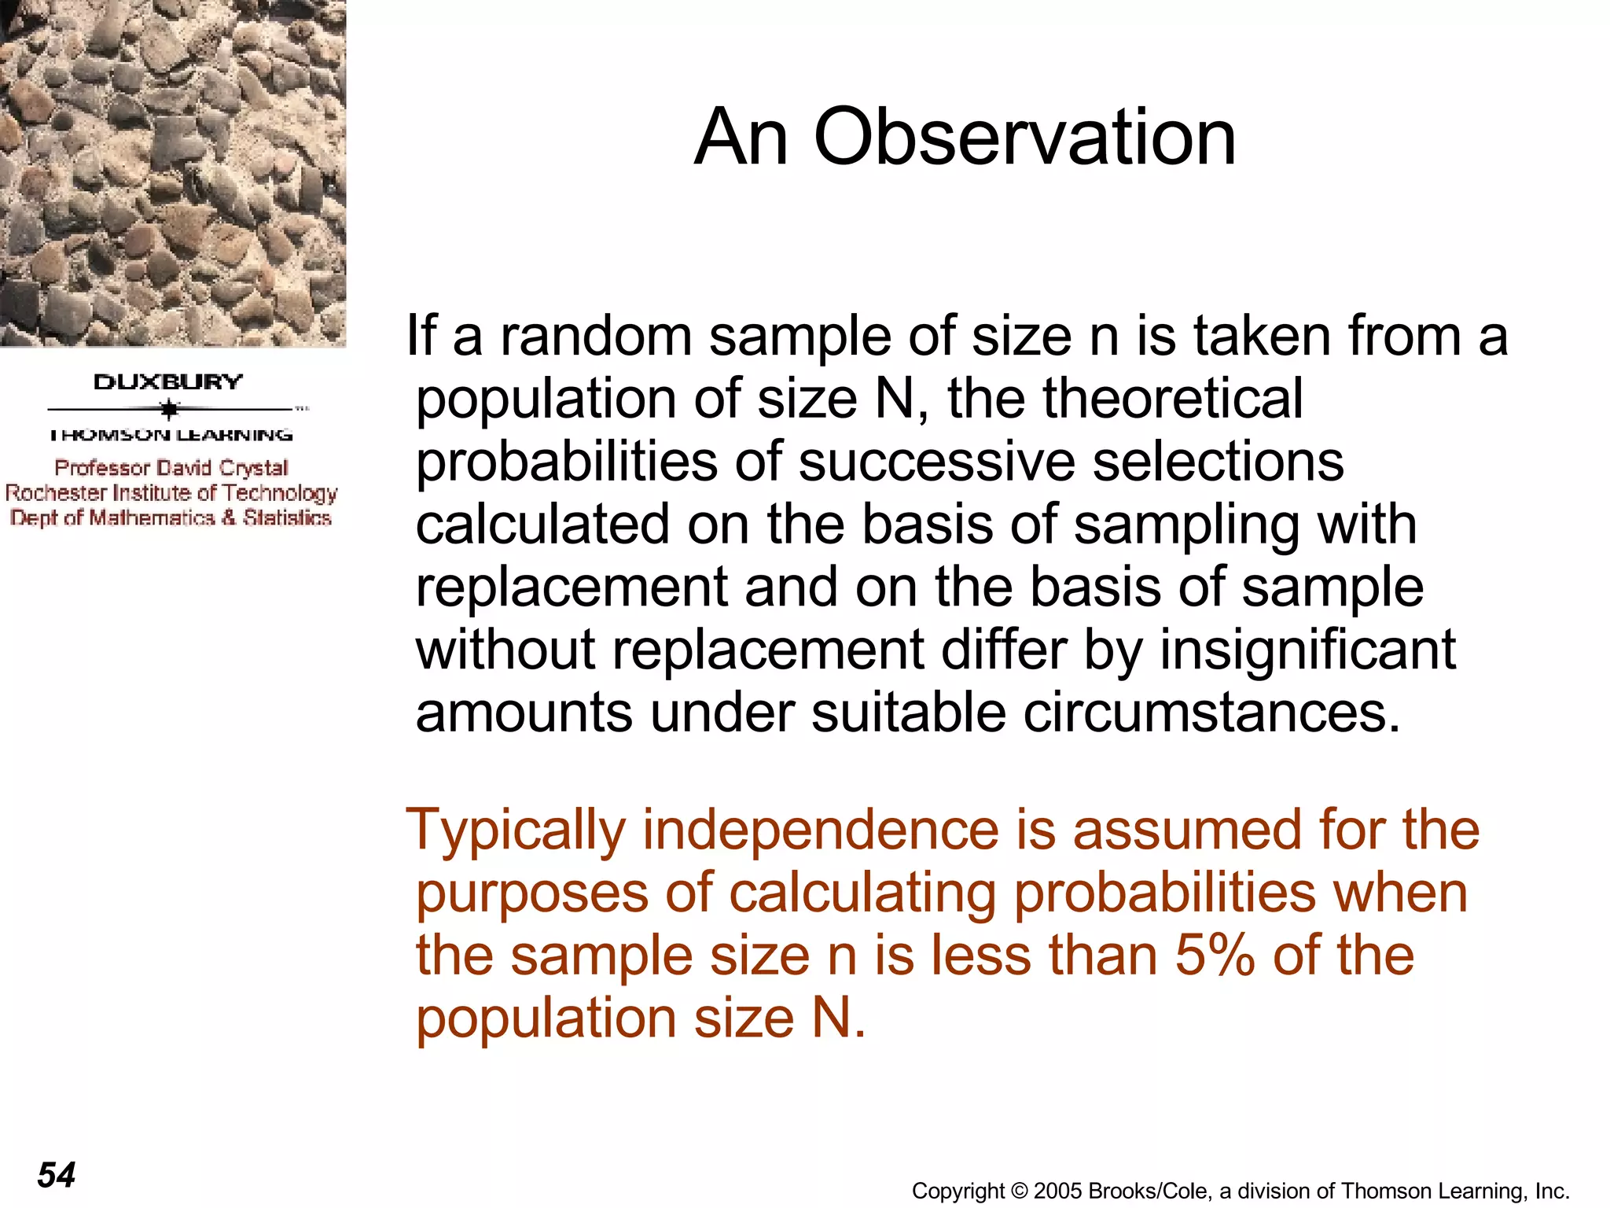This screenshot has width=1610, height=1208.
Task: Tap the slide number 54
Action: [57, 1175]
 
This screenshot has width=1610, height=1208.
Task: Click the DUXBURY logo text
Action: [168, 382]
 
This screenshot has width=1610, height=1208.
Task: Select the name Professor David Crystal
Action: [171, 468]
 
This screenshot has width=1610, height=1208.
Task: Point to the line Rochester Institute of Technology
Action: [171, 493]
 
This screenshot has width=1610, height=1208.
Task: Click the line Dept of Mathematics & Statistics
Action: [171, 517]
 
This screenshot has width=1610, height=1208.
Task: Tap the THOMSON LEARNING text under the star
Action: [171, 434]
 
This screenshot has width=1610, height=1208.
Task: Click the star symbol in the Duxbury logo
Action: [169, 409]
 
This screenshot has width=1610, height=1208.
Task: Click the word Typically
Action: [516, 830]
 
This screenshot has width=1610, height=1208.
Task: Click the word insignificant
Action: [1307, 650]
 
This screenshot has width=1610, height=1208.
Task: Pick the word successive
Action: [936, 462]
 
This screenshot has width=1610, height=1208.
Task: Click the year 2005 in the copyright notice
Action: [1058, 1191]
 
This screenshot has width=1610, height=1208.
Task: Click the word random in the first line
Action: [596, 336]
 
